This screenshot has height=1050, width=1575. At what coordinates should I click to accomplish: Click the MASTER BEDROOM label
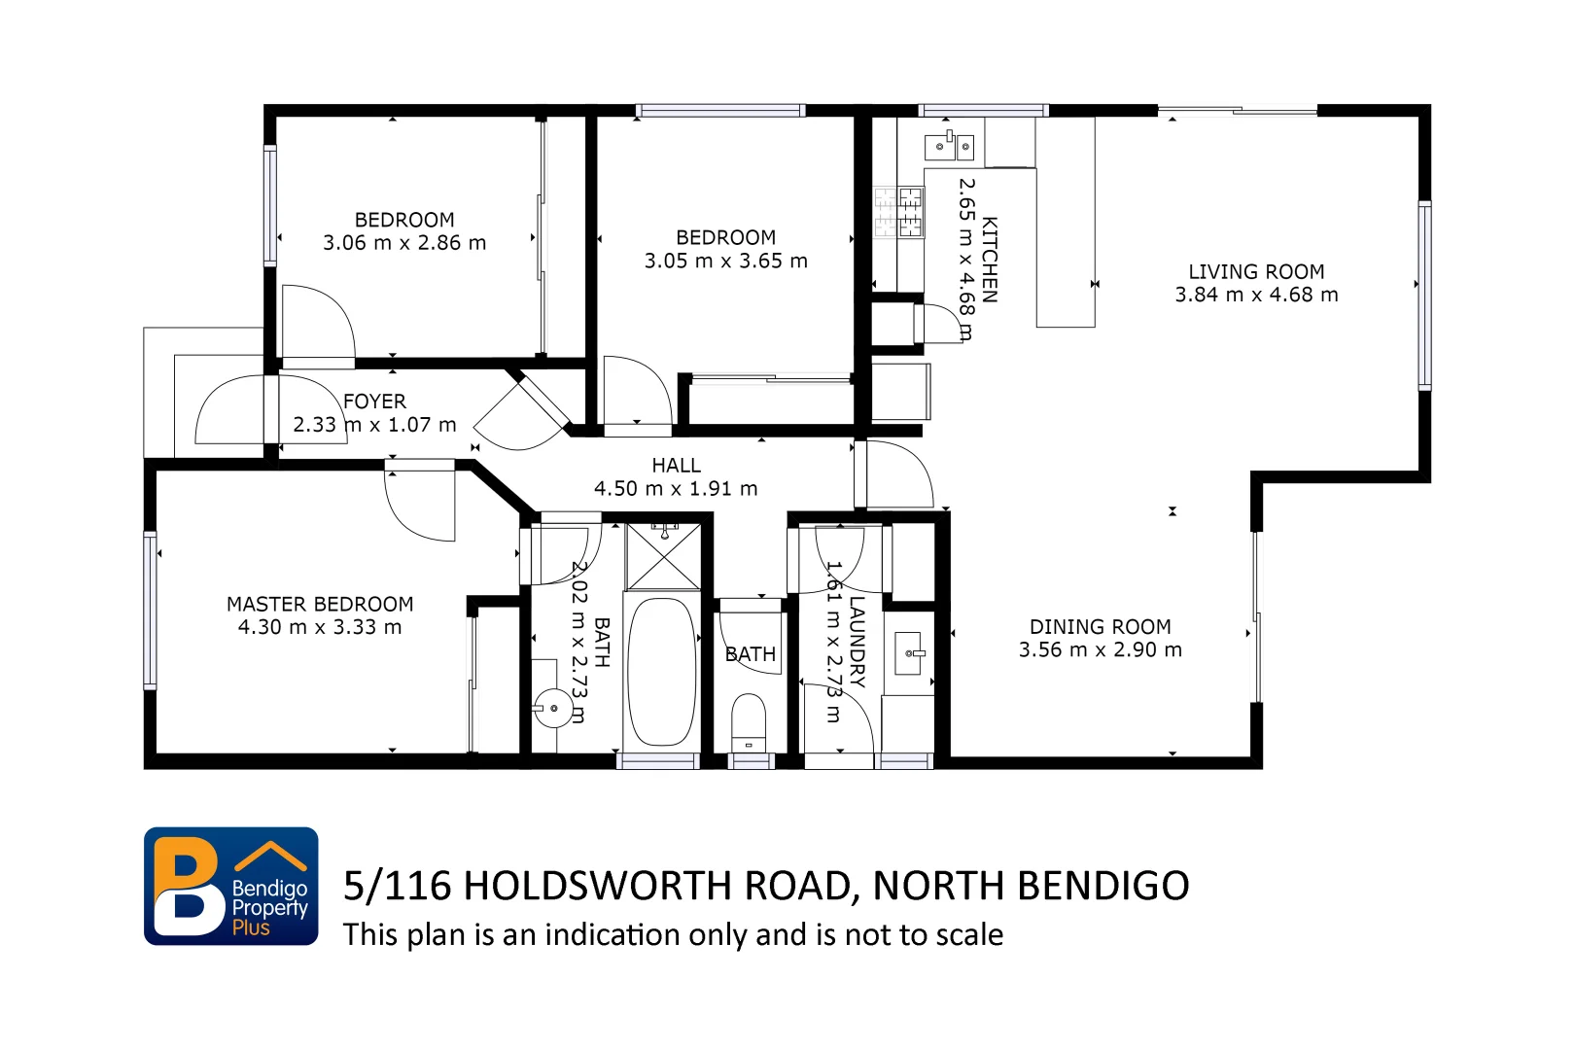click(320, 605)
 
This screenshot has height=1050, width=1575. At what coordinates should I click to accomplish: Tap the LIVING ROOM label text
click(1256, 272)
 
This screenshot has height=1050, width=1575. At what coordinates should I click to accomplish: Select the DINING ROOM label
click(1101, 627)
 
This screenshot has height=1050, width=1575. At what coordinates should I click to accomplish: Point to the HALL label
click(676, 466)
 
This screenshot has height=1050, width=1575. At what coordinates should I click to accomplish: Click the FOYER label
click(374, 402)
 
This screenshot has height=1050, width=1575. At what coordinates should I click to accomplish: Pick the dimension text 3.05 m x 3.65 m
click(725, 262)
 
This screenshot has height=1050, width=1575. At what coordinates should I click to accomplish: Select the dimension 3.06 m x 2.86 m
click(404, 243)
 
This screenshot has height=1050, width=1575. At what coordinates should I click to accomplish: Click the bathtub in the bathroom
click(662, 672)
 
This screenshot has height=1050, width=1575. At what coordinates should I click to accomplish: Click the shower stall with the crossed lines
click(663, 557)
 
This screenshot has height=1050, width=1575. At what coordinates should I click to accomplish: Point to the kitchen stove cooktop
click(898, 213)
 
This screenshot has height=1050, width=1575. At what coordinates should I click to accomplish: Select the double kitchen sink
click(949, 147)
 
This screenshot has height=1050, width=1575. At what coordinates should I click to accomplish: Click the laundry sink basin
click(911, 653)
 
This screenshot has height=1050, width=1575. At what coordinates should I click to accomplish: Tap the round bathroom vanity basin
click(554, 707)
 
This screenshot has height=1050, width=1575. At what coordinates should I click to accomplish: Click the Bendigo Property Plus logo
click(231, 886)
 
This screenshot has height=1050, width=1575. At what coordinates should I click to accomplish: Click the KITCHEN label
click(990, 260)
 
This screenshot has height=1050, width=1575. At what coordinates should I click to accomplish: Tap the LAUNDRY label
click(857, 641)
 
